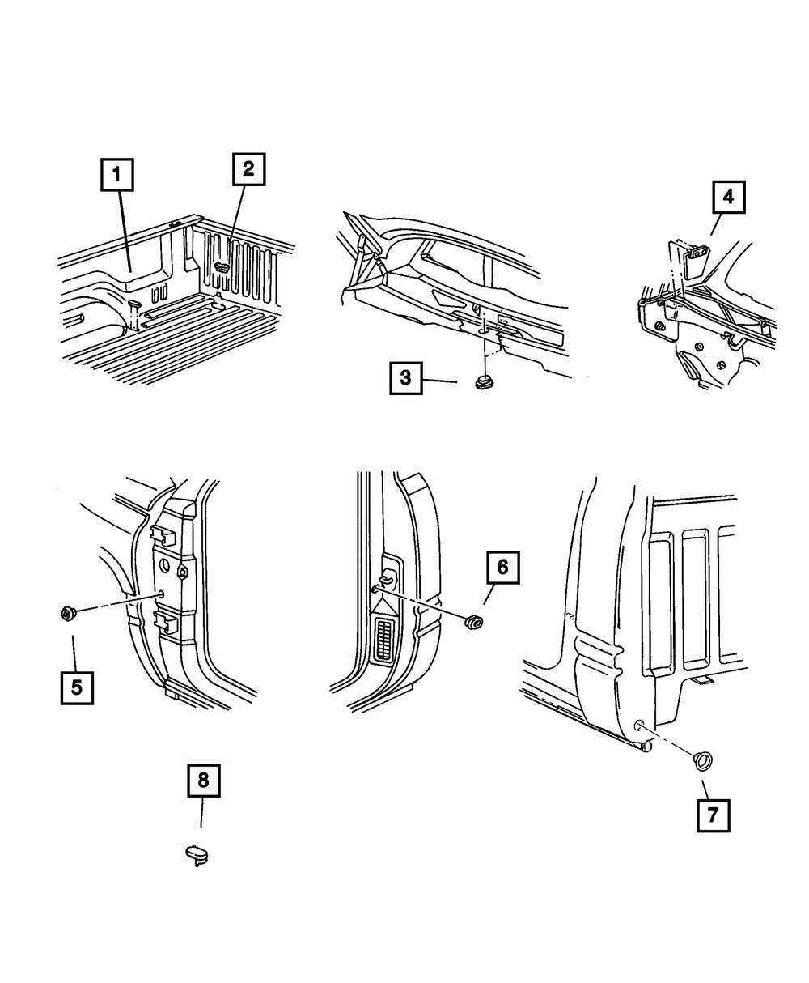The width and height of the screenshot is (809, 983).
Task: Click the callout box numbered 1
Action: pyautogui.click(x=117, y=175)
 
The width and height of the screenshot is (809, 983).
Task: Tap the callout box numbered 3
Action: pyautogui.click(x=405, y=377)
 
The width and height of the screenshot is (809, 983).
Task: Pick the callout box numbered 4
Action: pyautogui.click(x=728, y=196)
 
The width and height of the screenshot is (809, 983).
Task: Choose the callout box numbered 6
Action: pyautogui.click(x=502, y=568)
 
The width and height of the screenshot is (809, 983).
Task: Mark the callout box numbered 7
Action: pyautogui.click(x=712, y=815)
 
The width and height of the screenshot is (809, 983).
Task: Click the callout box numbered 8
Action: pyautogui.click(x=203, y=781)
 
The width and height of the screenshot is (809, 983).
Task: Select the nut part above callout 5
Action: pyautogui.click(x=67, y=613)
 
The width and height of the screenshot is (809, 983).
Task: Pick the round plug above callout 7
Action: pyautogui.click(x=702, y=760)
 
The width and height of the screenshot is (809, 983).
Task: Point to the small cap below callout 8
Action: pyautogui.click(x=195, y=853)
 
